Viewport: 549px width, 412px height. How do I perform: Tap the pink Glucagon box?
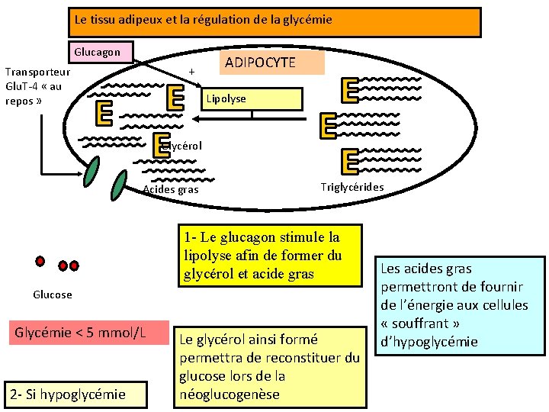98,53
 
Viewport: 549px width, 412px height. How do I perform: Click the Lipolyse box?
252,99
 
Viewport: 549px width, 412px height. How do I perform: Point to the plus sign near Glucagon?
191,72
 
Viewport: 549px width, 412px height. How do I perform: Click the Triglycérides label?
352,187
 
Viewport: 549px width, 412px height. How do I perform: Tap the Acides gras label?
171,189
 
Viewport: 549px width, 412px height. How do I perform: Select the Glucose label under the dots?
53,295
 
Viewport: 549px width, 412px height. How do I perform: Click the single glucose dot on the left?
40,260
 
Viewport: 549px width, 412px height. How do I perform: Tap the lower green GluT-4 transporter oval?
120,185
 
